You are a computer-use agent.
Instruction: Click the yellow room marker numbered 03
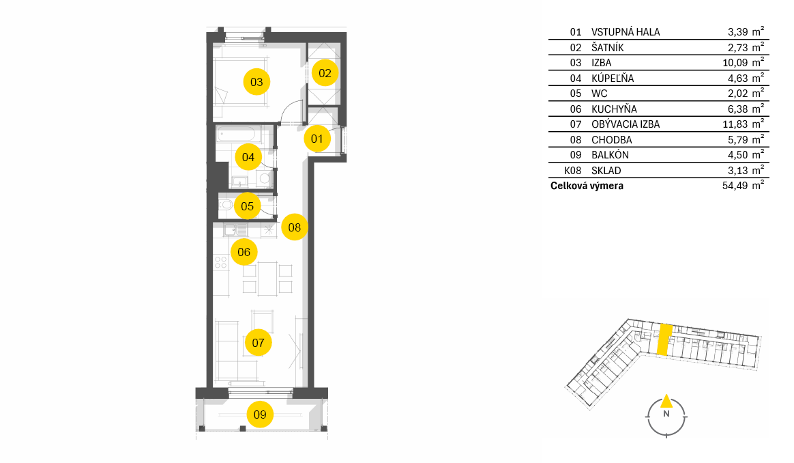tap(256, 82)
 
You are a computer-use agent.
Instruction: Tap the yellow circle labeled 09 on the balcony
tap(260, 415)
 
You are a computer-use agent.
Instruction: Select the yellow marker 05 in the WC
tap(247, 206)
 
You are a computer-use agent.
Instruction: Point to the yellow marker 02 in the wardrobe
tap(325, 73)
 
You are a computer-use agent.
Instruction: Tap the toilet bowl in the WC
tap(226, 205)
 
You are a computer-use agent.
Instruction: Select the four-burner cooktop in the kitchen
tap(221, 262)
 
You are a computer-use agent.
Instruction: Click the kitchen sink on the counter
tap(236, 229)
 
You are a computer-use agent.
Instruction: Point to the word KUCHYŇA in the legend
tap(614, 109)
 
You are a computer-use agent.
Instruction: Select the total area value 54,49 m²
tap(743, 186)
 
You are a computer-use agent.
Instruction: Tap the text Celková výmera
tap(587, 186)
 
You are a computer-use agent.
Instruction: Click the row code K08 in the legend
tap(572, 171)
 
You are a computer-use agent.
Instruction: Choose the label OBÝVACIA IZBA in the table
tap(626, 124)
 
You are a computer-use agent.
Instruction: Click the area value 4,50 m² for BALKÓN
tap(746, 154)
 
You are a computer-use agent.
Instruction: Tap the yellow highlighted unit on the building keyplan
tap(665, 339)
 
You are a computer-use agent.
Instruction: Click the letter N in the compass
tap(666, 414)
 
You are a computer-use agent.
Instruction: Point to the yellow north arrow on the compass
tap(666, 401)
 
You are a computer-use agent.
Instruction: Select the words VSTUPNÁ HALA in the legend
tap(626, 32)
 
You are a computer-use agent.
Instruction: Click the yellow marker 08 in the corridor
tap(294, 227)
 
